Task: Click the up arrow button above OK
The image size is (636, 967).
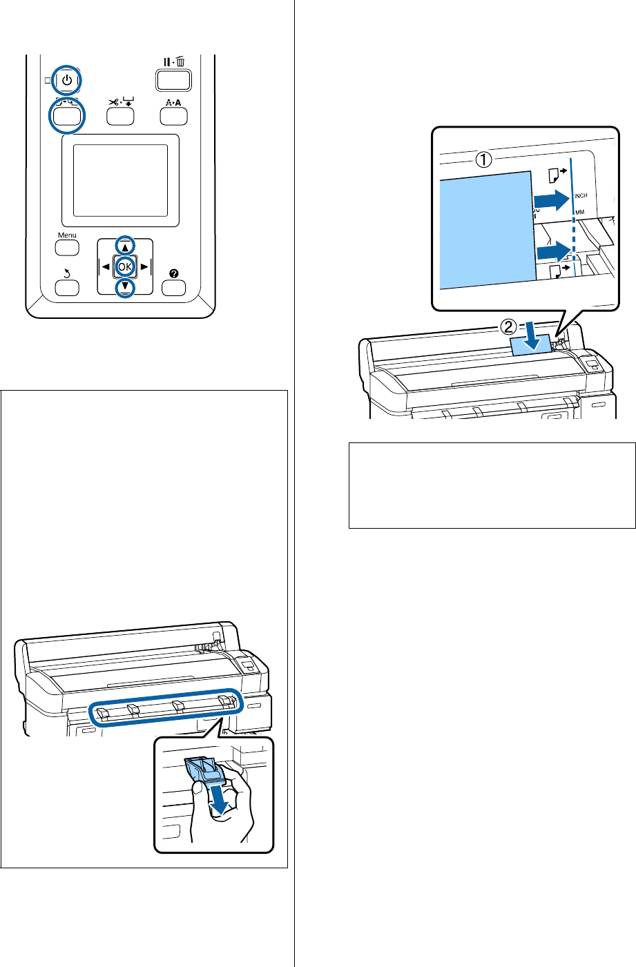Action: [124, 244]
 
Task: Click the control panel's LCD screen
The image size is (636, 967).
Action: [120, 180]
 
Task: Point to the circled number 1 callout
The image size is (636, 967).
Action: [485, 161]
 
